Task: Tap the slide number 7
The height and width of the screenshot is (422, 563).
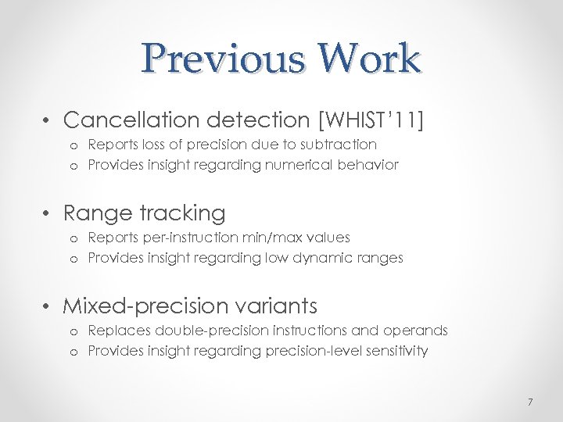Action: point(529,402)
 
